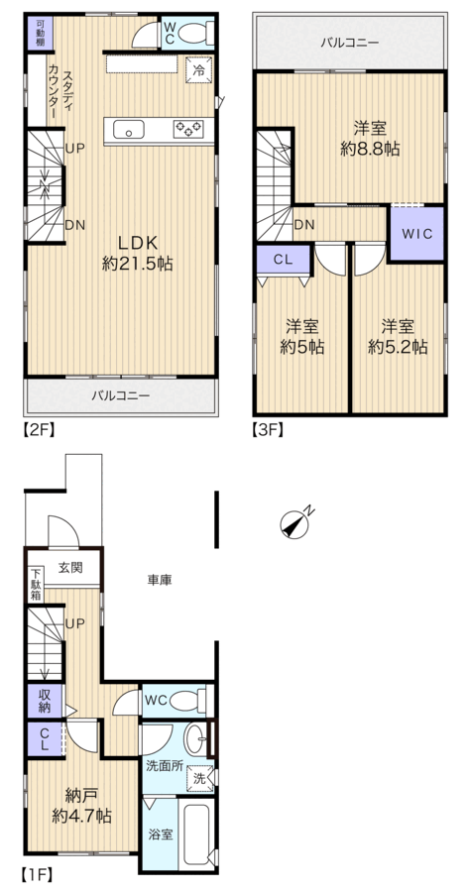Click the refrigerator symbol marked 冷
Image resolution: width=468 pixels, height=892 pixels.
[x=199, y=70]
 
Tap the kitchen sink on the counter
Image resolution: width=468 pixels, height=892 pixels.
[x=129, y=130]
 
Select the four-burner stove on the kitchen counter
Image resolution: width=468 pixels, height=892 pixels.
[x=188, y=129]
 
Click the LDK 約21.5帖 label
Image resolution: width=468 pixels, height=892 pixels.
[x=137, y=253]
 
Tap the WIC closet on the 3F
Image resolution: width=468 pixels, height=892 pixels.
[x=416, y=234]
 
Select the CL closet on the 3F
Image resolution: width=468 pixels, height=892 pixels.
[x=283, y=260]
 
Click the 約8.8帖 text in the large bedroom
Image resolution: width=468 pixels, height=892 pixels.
[x=370, y=149]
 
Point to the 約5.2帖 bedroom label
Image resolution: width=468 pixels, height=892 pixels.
[x=398, y=347]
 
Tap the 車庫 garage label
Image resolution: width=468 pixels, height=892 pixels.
[x=160, y=580]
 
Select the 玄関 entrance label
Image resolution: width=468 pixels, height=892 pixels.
[x=70, y=567]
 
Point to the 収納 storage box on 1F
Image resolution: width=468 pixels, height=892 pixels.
[x=44, y=701]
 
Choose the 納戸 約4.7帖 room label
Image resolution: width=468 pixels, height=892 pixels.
[x=81, y=805]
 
